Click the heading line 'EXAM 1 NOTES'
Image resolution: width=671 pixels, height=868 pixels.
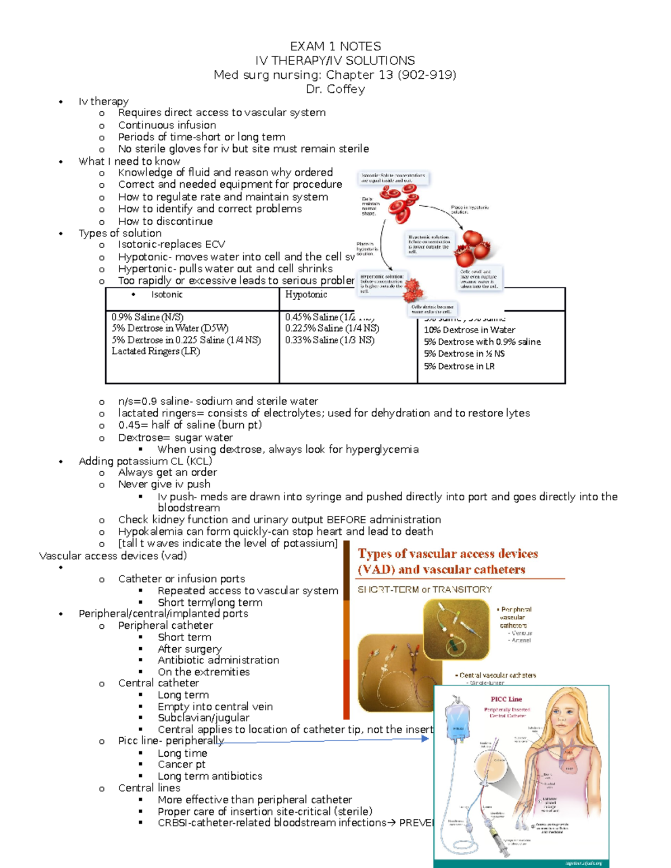coord(335,46)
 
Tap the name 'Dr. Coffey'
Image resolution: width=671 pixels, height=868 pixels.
coord(335,89)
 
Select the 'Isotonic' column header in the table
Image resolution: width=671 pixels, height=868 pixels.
coord(167,295)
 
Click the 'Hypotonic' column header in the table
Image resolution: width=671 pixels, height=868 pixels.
coord(306,295)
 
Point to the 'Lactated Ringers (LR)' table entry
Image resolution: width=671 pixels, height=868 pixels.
coord(155,351)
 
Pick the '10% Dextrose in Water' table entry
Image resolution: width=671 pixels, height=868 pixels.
coord(469,330)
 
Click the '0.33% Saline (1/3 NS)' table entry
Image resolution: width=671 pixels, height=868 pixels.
coord(329,340)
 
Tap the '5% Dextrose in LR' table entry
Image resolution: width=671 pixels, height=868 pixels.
coord(459,366)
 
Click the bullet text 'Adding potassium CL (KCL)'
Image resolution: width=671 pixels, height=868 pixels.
coord(145,461)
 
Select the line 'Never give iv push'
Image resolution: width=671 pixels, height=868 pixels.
coord(164,484)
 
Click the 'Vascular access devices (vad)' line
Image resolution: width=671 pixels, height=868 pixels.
coord(113,556)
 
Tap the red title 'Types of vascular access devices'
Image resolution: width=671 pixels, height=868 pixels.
coord(447,554)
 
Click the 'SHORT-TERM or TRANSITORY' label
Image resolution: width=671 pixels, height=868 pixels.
coord(424,589)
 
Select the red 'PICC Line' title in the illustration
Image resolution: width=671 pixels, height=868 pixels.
coord(506,699)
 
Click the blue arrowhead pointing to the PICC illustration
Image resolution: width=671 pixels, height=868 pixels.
coord(426,738)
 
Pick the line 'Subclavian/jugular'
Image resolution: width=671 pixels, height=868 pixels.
coord(203,718)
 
